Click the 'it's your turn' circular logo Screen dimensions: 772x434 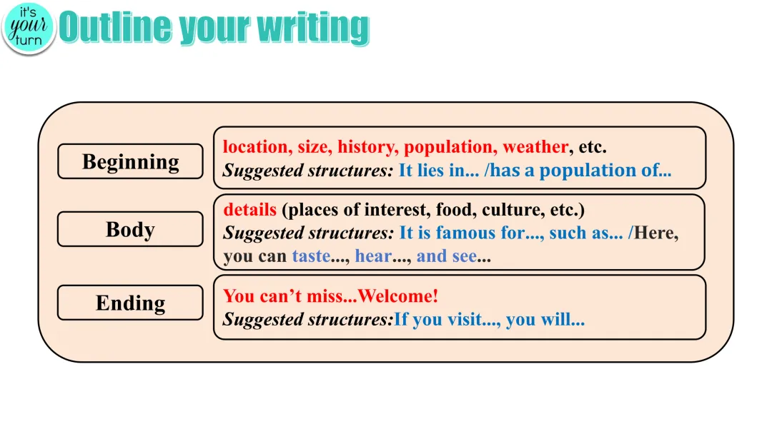click(x=28, y=28)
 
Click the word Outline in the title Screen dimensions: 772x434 click(x=116, y=28)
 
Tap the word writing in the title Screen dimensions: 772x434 click(x=313, y=28)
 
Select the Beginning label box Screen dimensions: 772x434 click(x=130, y=161)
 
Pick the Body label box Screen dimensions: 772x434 click(x=130, y=229)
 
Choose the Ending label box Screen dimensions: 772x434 click(x=130, y=303)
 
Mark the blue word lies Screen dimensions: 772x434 click(x=431, y=170)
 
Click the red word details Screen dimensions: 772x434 click(x=249, y=209)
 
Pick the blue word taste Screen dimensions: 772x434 click(x=311, y=256)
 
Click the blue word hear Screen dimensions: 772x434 click(x=373, y=256)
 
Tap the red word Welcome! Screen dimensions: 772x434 click(x=398, y=296)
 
